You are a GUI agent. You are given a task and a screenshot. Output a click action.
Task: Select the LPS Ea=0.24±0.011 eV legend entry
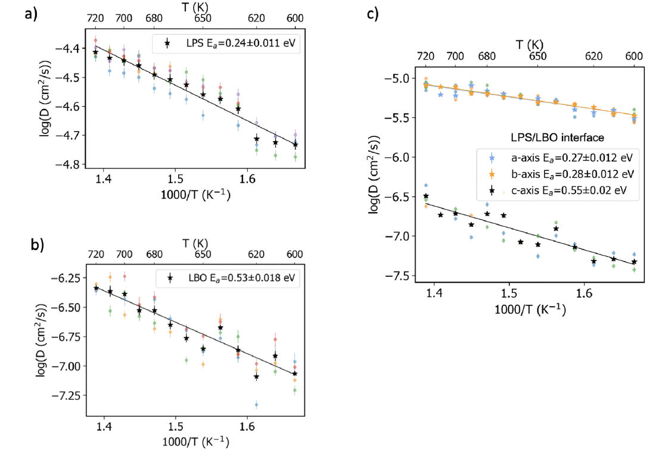(231, 43)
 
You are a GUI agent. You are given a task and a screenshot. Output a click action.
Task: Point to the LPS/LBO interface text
(548, 138)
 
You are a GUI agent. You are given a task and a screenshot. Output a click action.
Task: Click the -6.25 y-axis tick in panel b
(67, 278)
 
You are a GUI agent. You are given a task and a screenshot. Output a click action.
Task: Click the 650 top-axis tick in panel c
(537, 57)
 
